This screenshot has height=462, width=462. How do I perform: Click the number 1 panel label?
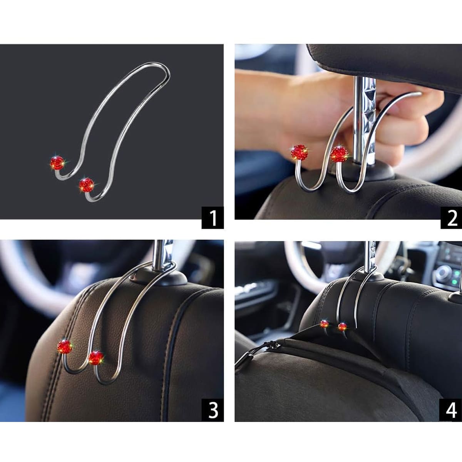213,218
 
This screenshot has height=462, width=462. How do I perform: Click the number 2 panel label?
451,218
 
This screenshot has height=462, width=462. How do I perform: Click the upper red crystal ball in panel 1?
57,163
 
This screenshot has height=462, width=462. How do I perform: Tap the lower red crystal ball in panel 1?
86,185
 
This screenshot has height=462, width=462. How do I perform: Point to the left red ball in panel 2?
299,152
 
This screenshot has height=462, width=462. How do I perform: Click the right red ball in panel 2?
339,154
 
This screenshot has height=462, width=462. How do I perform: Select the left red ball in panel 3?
65,346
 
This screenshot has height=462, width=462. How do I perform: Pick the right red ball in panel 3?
96,358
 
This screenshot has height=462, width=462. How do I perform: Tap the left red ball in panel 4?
325,324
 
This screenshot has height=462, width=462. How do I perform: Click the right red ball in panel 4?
342,327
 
